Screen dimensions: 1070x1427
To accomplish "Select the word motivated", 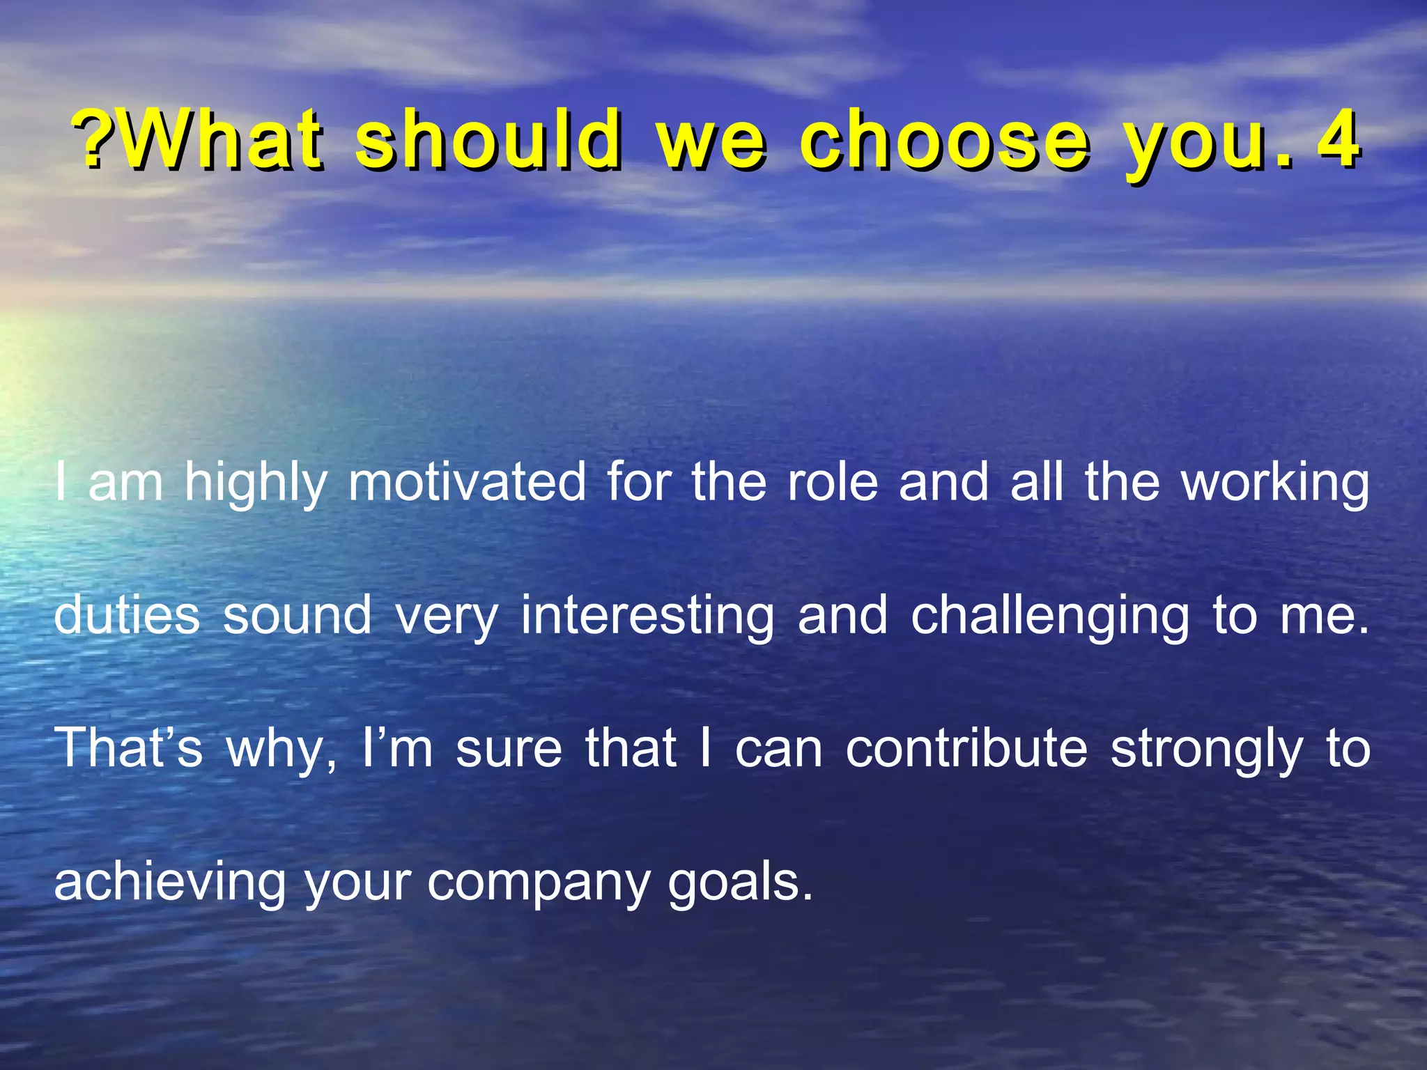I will [468, 482].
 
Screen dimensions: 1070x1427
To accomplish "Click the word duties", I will [127, 616].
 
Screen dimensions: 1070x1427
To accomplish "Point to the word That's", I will [128, 748].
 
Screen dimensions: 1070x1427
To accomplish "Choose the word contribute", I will [966, 748].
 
